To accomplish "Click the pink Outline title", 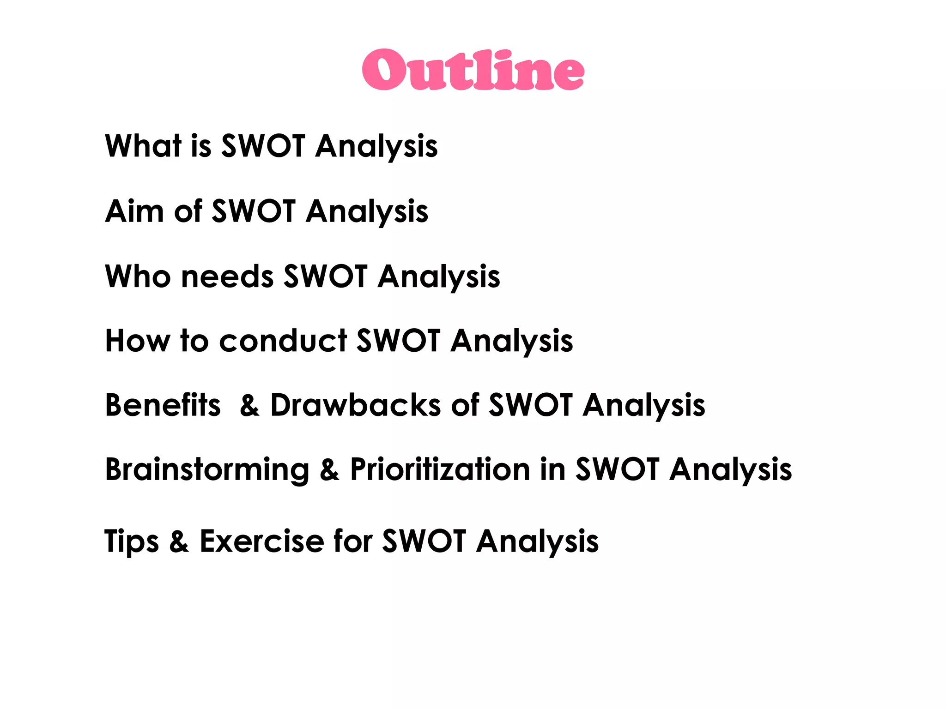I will [473, 70].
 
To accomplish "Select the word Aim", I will [134, 211].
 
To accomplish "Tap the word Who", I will [138, 276].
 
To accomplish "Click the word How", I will [137, 341].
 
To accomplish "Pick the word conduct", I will [283, 341].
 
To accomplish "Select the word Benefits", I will [163, 405].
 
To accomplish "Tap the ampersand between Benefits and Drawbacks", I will [249, 406].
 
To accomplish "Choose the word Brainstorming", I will [207, 470].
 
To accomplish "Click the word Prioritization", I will [440, 470].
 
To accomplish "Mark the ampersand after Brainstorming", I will [329, 470].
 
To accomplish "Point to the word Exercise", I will [262, 541].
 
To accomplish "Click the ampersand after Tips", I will [179, 541].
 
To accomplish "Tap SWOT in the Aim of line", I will [253, 211].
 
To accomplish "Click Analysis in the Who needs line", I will [439, 277].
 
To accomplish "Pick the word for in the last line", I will [353, 541].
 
